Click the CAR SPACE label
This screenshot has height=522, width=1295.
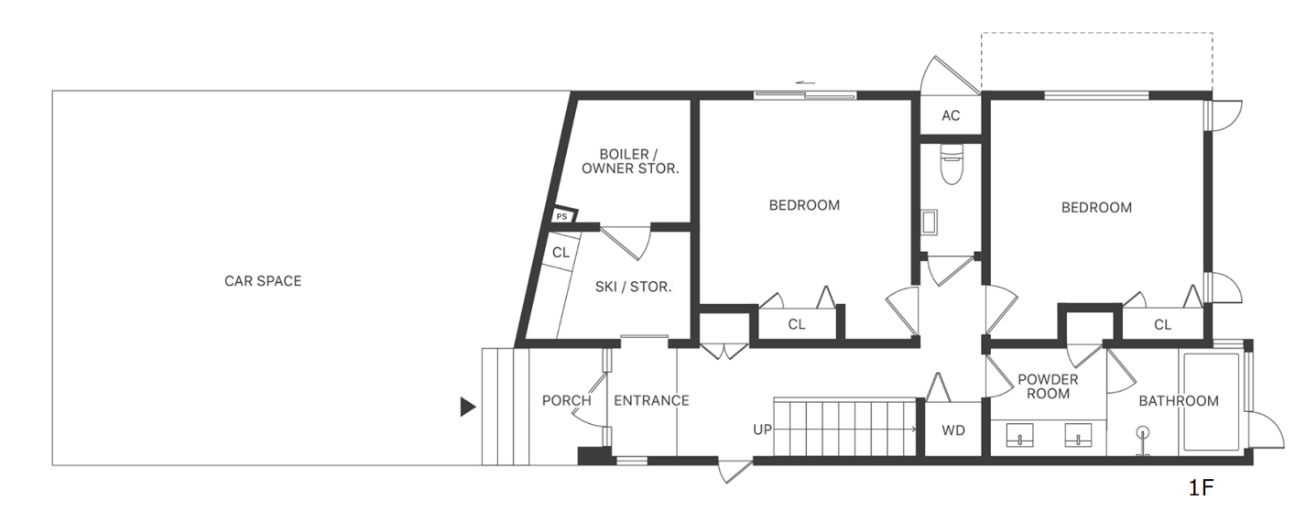[263, 281]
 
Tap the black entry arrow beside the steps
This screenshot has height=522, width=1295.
[468, 407]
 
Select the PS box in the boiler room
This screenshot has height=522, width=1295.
[562, 216]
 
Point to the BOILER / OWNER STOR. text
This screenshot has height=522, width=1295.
[630, 162]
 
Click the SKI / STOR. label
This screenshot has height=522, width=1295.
[634, 287]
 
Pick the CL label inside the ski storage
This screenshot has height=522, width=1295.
[560, 253]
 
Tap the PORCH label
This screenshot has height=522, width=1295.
[567, 400]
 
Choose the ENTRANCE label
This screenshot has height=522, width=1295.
[651, 400]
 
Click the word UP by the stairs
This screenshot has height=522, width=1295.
[763, 430]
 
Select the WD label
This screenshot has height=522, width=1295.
[953, 430]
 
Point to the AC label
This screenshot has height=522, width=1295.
[951, 115]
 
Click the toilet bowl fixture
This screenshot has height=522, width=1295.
[952, 164]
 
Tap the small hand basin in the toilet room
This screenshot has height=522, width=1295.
[930, 223]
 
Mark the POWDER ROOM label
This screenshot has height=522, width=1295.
[1048, 386]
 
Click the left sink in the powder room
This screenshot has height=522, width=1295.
[1020, 435]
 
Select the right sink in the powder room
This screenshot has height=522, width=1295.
[1078, 435]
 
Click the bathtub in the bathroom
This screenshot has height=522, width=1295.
[1210, 402]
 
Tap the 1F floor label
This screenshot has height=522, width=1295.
[1201, 488]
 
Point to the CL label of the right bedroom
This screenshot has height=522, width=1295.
[1162, 325]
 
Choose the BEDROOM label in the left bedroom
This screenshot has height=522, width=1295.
[804, 205]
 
